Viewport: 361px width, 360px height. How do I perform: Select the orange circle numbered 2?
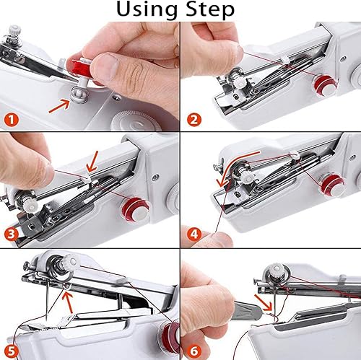click(x=193, y=119)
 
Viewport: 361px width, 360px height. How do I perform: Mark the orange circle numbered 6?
click(x=193, y=348)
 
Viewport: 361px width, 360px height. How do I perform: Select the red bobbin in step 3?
click(x=134, y=206)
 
